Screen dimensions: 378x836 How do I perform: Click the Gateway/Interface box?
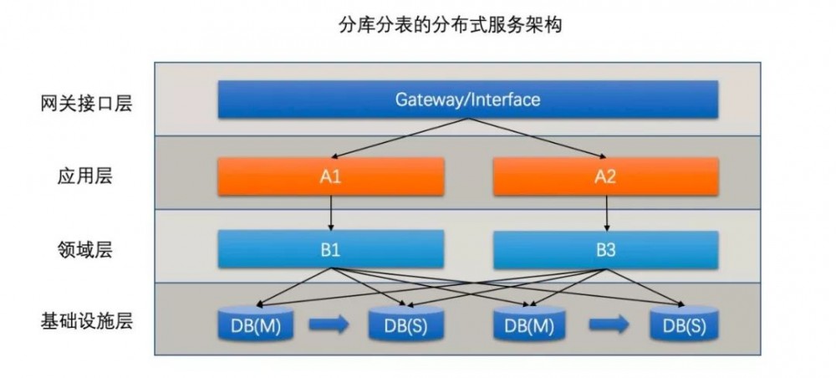point(467,100)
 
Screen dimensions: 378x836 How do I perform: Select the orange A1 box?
point(331,176)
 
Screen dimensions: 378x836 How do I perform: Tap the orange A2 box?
point(606,176)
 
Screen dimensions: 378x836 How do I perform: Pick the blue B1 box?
point(331,249)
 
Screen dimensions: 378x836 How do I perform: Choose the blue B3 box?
point(606,249)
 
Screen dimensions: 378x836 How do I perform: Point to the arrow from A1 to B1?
point(332,212)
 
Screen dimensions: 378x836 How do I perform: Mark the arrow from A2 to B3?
point(606,212)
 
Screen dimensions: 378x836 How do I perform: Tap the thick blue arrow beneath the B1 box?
point(329,324)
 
